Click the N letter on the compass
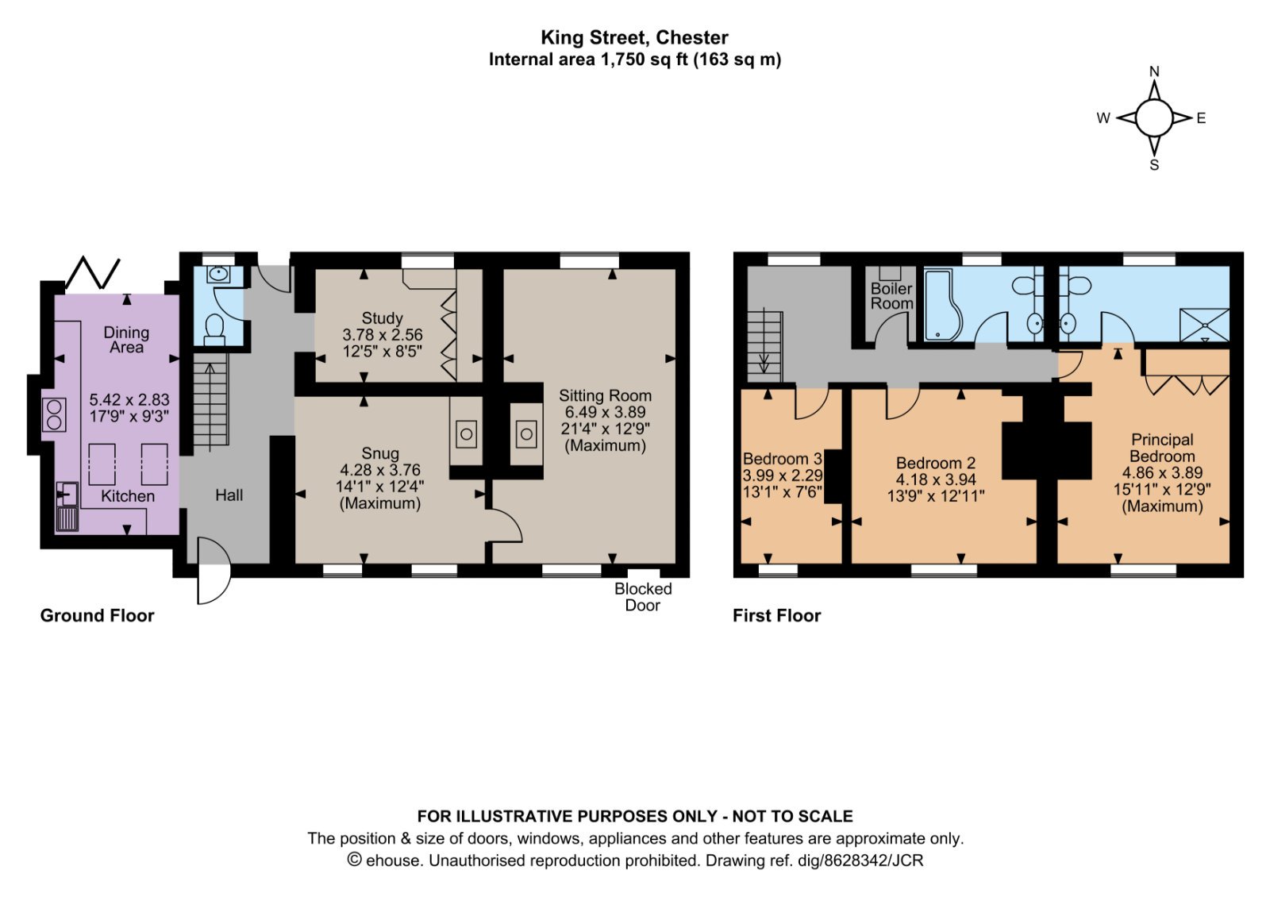coord(1154,71)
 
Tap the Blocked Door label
coord(643,597)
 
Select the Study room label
coord(382,318)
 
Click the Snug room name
coord(380,453)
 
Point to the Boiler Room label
coord(892,296)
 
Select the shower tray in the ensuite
coord(1204,325)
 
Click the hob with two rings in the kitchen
coord(55,415)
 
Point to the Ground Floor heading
coord(97,616)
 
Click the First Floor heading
coord(777,616)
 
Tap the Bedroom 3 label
coord(783,458)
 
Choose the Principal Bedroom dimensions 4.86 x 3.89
coord(1162,472)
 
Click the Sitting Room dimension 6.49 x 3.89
coord(605,412)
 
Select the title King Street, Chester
coord(634,37)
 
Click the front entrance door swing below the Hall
coord(214,571)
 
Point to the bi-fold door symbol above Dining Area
coord(93,273)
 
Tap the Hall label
coord(229,495)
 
